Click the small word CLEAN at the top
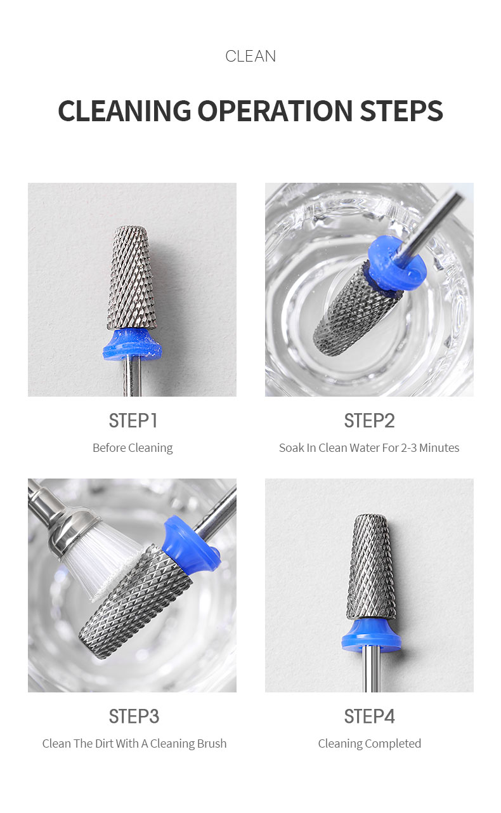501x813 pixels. (251, 56)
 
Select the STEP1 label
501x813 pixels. (133, 421)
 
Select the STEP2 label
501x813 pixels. (369, 421)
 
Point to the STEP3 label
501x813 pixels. (133, 717)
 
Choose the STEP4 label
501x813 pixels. (369, 717)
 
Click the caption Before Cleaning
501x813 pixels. (133, 448)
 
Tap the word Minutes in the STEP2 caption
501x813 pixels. (438, 448)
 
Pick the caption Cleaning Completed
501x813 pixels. (369, 744)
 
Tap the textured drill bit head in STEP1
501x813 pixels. (131, 279)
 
